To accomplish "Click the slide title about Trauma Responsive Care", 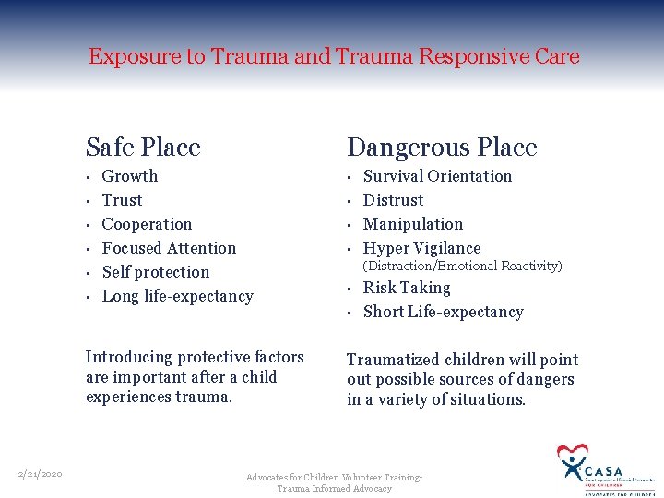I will pos(334,56).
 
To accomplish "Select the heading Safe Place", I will pos(143,148).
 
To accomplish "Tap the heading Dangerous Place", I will pos(442,148).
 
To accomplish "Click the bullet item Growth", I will pos(130,176).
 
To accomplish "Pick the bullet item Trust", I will pos(122,200).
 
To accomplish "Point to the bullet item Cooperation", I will pos(147,224).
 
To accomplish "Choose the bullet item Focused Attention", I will pos(169,248).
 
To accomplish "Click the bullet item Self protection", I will pos(156,272).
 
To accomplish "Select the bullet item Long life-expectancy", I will pos(177,296).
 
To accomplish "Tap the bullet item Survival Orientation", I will pos(437,176).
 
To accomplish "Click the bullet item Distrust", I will pos(394,200).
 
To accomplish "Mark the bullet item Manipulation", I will pos(413,224).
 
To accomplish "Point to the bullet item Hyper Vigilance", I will pos(422,248).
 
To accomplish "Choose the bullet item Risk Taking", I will pos(407,288).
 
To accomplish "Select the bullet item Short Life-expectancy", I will pos(443,312).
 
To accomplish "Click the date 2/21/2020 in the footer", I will pos(40,474).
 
